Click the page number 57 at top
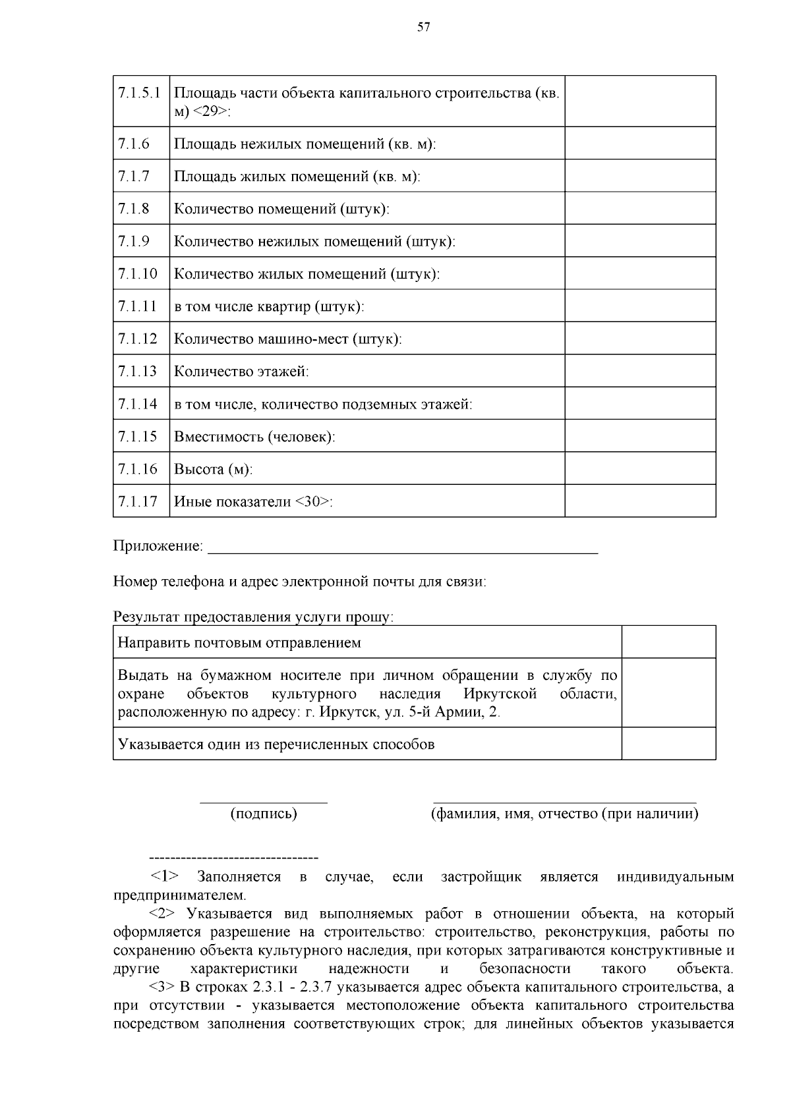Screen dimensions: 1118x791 (424, 27)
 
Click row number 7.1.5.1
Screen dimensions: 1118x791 (140, 93)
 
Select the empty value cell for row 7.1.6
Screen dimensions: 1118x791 (639, 143)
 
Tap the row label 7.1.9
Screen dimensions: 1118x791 (134, 241)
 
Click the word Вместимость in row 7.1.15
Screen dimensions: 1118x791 (218, 437)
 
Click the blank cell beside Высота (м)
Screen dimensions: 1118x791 (639, 468)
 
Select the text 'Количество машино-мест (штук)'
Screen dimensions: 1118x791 (287, 339)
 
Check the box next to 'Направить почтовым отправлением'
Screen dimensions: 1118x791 (668, 642)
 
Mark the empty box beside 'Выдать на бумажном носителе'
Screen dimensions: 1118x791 (668, 693)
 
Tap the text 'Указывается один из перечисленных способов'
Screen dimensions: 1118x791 (276, 744)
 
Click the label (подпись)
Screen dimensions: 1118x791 (263, 814)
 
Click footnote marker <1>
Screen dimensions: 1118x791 (164, 877)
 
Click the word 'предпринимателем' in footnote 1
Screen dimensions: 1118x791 (179, 895)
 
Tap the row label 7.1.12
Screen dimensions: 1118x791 (137, 339)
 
